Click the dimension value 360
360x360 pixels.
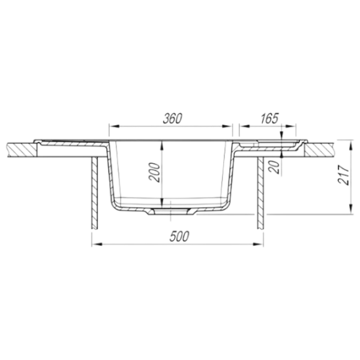pyautogui.click(x=172, y=118)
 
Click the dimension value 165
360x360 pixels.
pyautogui.click(x=269, y=118)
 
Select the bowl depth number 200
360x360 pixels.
pyautogui.click(x=154, y=172)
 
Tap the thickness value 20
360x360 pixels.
pyautogui.click(x=275, y=167)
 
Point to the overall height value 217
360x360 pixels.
pyautogui.click(x=344, y=175)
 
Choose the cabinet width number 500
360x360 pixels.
pyautogui.click(x=179, y=236)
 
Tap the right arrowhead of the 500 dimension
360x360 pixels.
pyautogui.click(x=258, y=244)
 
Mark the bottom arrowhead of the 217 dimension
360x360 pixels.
pyautogui.click(x=350, y=209)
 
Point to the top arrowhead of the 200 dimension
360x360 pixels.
pyautogui.click(x=162, y=146)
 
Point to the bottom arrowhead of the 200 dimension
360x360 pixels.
pyautogui.click(x=162, y=202)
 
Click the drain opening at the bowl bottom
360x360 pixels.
pyautogui.click(x=171, y=212)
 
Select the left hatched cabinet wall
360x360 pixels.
pyautogui.click(x=95, y=193)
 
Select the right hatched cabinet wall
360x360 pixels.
pyautogui.click(x=260, y=193)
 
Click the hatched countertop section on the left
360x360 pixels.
pyautogui.click(x=22, y=150)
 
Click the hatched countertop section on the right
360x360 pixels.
pyautogui.click(x=319, y=150)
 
